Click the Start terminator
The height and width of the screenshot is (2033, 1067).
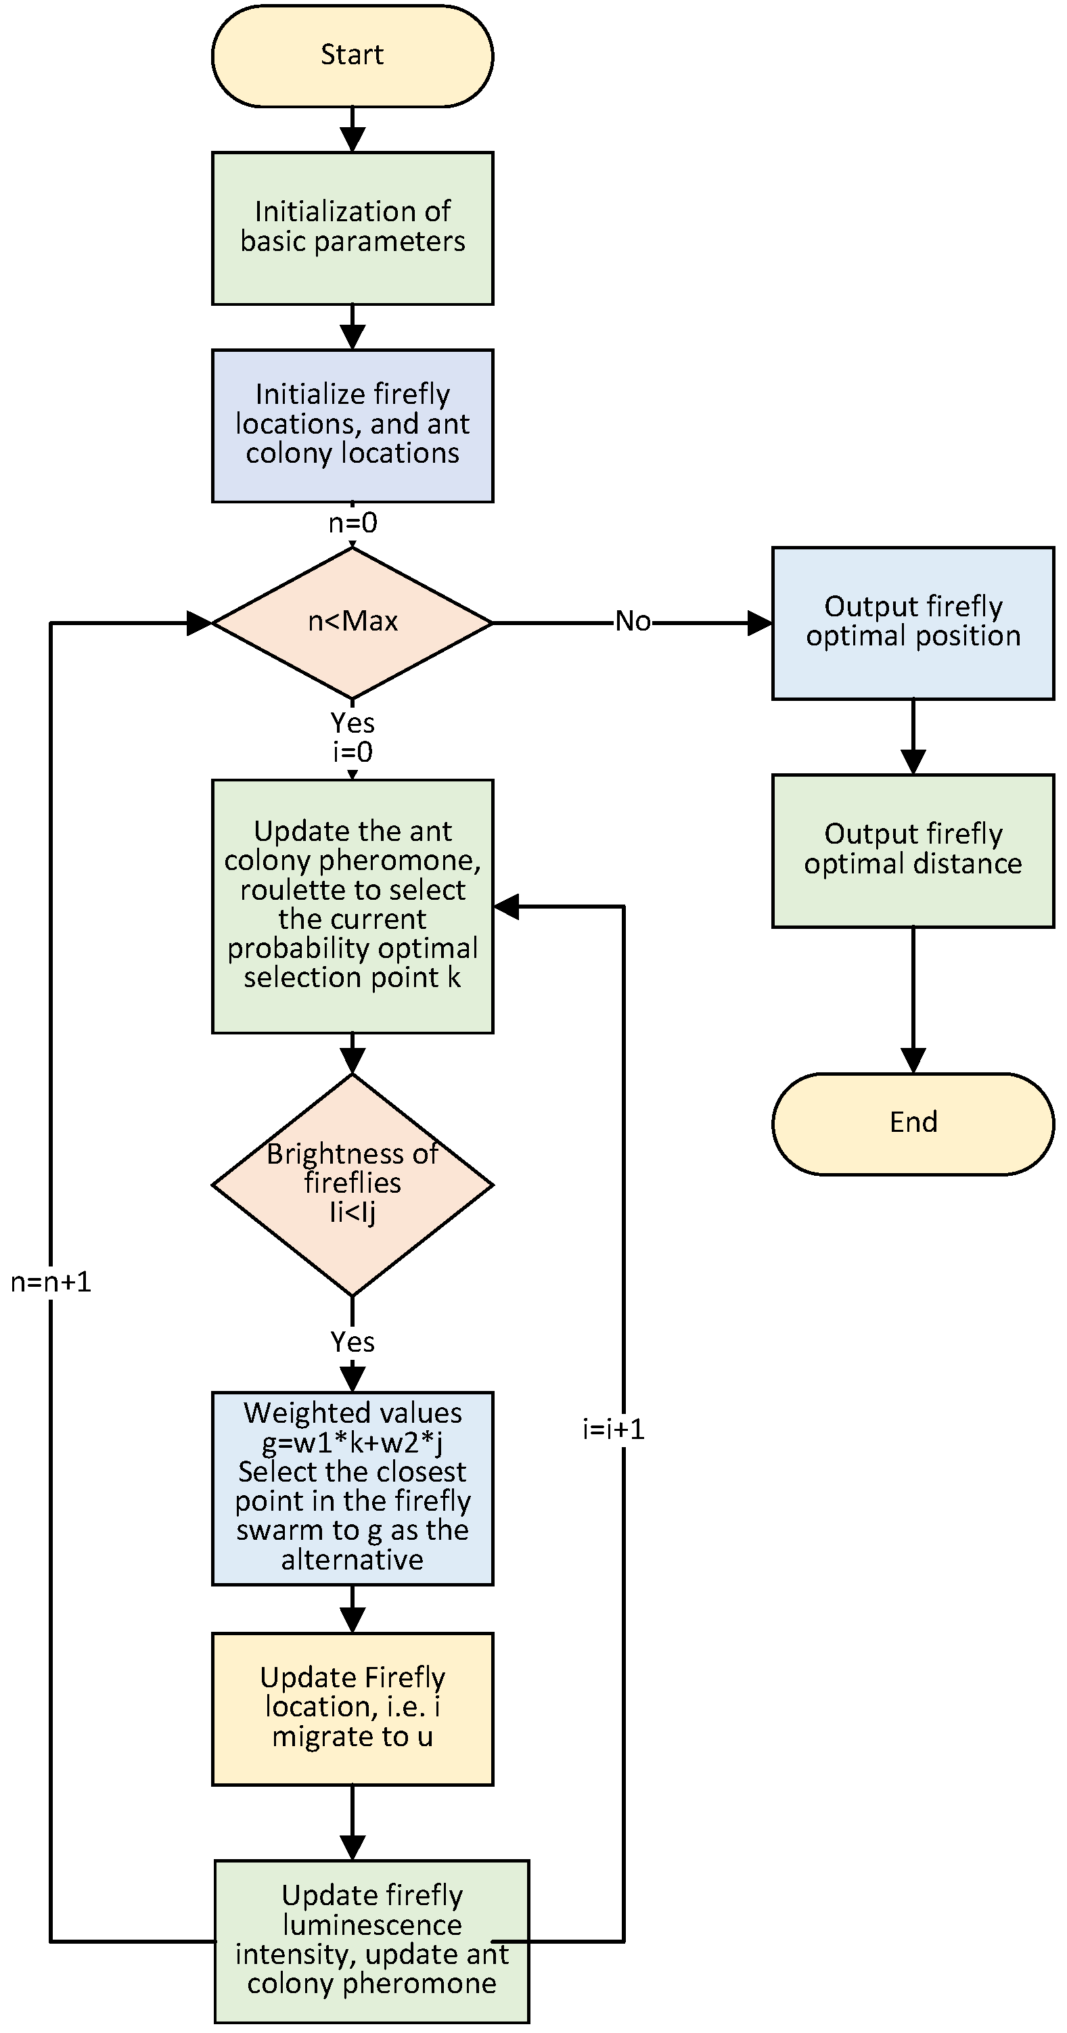pyautogui.click(x=352, y=55)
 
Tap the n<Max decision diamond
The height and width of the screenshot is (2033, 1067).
pyautogui.click(x=352, y=622)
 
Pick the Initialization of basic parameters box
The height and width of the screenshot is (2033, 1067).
pyautogui.click(x=352, y=227)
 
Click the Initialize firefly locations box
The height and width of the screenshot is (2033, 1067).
pyautogui.click(x=352, y=425)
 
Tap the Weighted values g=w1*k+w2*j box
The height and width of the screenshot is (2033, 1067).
pyautogui.click(x=352, y=1487)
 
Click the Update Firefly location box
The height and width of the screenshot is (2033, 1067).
pyautogui.click(x=352, y=1707)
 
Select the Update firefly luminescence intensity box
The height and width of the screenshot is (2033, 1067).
pyautogui.click(x=371, y=1940)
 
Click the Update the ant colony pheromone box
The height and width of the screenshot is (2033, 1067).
pyautogui.click(x=352, y=905)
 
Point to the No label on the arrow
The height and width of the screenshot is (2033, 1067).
pyautogui.click(x=633, y=622)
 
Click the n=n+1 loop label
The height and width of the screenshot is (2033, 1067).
pyautogui.click(x=51, y=1283)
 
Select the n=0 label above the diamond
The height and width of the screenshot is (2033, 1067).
pyautogui.click(x=352, y=523)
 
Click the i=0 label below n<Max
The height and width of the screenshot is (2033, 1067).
pyautogui.click(x=352, y=752)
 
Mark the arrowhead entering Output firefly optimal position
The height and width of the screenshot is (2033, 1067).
pyautogui.click(x=759, y=622)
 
